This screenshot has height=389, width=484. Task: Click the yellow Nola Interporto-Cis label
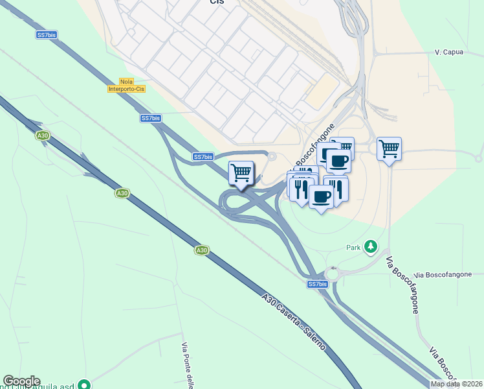(x=126, y=86)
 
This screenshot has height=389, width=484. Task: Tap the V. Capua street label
(x=448, y=52)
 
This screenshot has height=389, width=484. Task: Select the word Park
(x=353, y=248)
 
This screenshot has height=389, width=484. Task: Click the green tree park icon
(x=371, y=246)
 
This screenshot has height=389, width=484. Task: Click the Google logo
(x=21, y=381)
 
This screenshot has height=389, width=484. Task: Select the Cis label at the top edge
(x=217, y=3)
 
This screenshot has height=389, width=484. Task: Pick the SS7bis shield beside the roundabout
(x=317, y=284)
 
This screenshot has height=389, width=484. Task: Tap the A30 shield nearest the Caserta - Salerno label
(x=202, y=250)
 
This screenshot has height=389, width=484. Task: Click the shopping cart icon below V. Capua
(x=389, y=149)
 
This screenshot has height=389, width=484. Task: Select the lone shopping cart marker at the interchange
(x=241, y=173)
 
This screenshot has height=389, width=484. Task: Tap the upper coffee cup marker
(x=338, y=160)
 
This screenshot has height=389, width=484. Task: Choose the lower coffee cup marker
(x=320, y=196)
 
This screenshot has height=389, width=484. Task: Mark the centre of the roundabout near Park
(x=334, y=274)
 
